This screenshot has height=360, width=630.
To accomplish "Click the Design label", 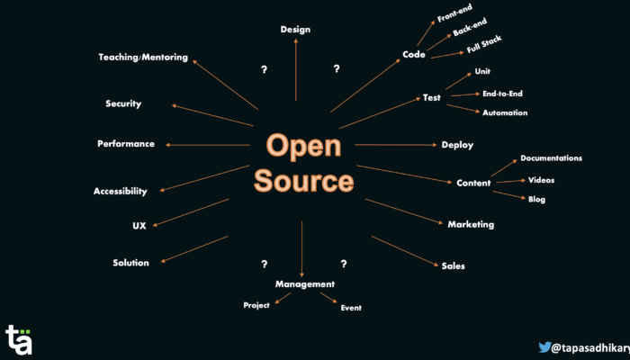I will click(295, 29).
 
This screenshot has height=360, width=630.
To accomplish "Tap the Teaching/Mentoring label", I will click(143, 57).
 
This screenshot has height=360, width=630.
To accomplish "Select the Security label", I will click(123, 103).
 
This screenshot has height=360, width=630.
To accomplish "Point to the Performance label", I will click(126, 144).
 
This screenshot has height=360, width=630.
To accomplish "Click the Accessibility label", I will click(120, 191).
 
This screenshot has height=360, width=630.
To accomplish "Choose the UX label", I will click(127, 225).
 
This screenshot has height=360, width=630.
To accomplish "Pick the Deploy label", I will click(457, 144).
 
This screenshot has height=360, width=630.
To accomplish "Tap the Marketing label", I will click(471, 224).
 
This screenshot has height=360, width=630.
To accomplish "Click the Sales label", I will click(453, 265).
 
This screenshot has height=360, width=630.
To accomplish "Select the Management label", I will click(305, 283).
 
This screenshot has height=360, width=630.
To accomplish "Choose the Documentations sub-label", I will click(551, 158).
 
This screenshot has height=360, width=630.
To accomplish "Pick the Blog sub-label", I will click(536, 199).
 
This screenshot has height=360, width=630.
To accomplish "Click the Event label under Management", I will click(351, 308).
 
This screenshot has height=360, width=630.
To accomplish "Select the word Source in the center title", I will click(303, 181).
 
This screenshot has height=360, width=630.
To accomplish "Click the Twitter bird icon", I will click(544, 346).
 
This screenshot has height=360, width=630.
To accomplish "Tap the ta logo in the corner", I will click(19, 339).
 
